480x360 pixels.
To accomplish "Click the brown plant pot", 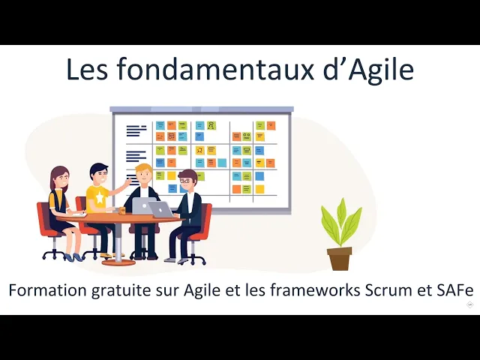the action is (x=339, y=258).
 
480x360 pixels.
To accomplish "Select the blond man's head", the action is (x=143, y=174).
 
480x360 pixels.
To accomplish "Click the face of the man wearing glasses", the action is (x=187, y=181).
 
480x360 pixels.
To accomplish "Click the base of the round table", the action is (x=118, y=261).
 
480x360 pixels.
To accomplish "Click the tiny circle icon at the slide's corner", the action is (x=469, y=304).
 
